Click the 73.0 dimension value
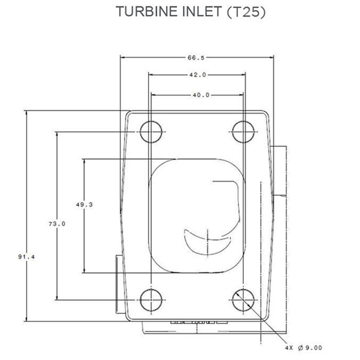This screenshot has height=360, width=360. pyautogui.click(x=57, y=224)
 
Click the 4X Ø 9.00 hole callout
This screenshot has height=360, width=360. pyautogui.click(x=304, y=347)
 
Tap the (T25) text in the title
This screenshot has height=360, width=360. pyautogui.click(x=246, y=12)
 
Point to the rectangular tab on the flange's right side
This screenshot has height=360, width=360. pyautogui.click(x=279, y=171)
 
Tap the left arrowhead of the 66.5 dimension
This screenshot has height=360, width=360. pyautogui.click(x=122, y=57)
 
